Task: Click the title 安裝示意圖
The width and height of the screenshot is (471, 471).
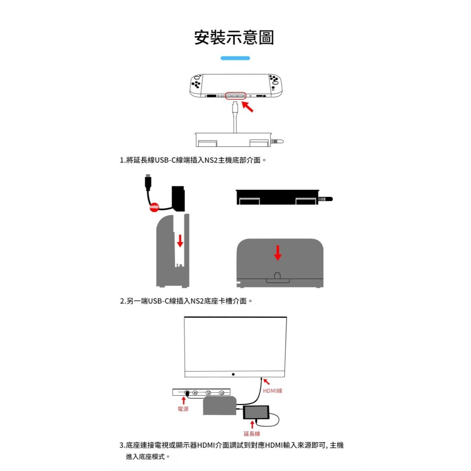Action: [x=234, y=37]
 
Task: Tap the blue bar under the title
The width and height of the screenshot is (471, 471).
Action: [x=235, y=58]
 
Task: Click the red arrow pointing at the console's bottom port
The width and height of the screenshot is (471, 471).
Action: [x=249, y=106]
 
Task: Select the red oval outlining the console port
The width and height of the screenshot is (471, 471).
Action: [x=236, y=95]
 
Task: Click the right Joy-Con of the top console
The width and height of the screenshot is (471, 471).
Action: [x=274, y=85]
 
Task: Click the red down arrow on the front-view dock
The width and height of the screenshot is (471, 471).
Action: [x=278, y=252]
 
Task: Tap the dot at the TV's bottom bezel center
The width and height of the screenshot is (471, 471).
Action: [x=234, y=374]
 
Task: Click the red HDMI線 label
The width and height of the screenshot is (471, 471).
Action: [x=273, y=391]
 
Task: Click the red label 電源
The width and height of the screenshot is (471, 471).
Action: [x=183, y=409]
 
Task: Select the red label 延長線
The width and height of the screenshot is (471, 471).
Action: [x=252, y=433]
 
